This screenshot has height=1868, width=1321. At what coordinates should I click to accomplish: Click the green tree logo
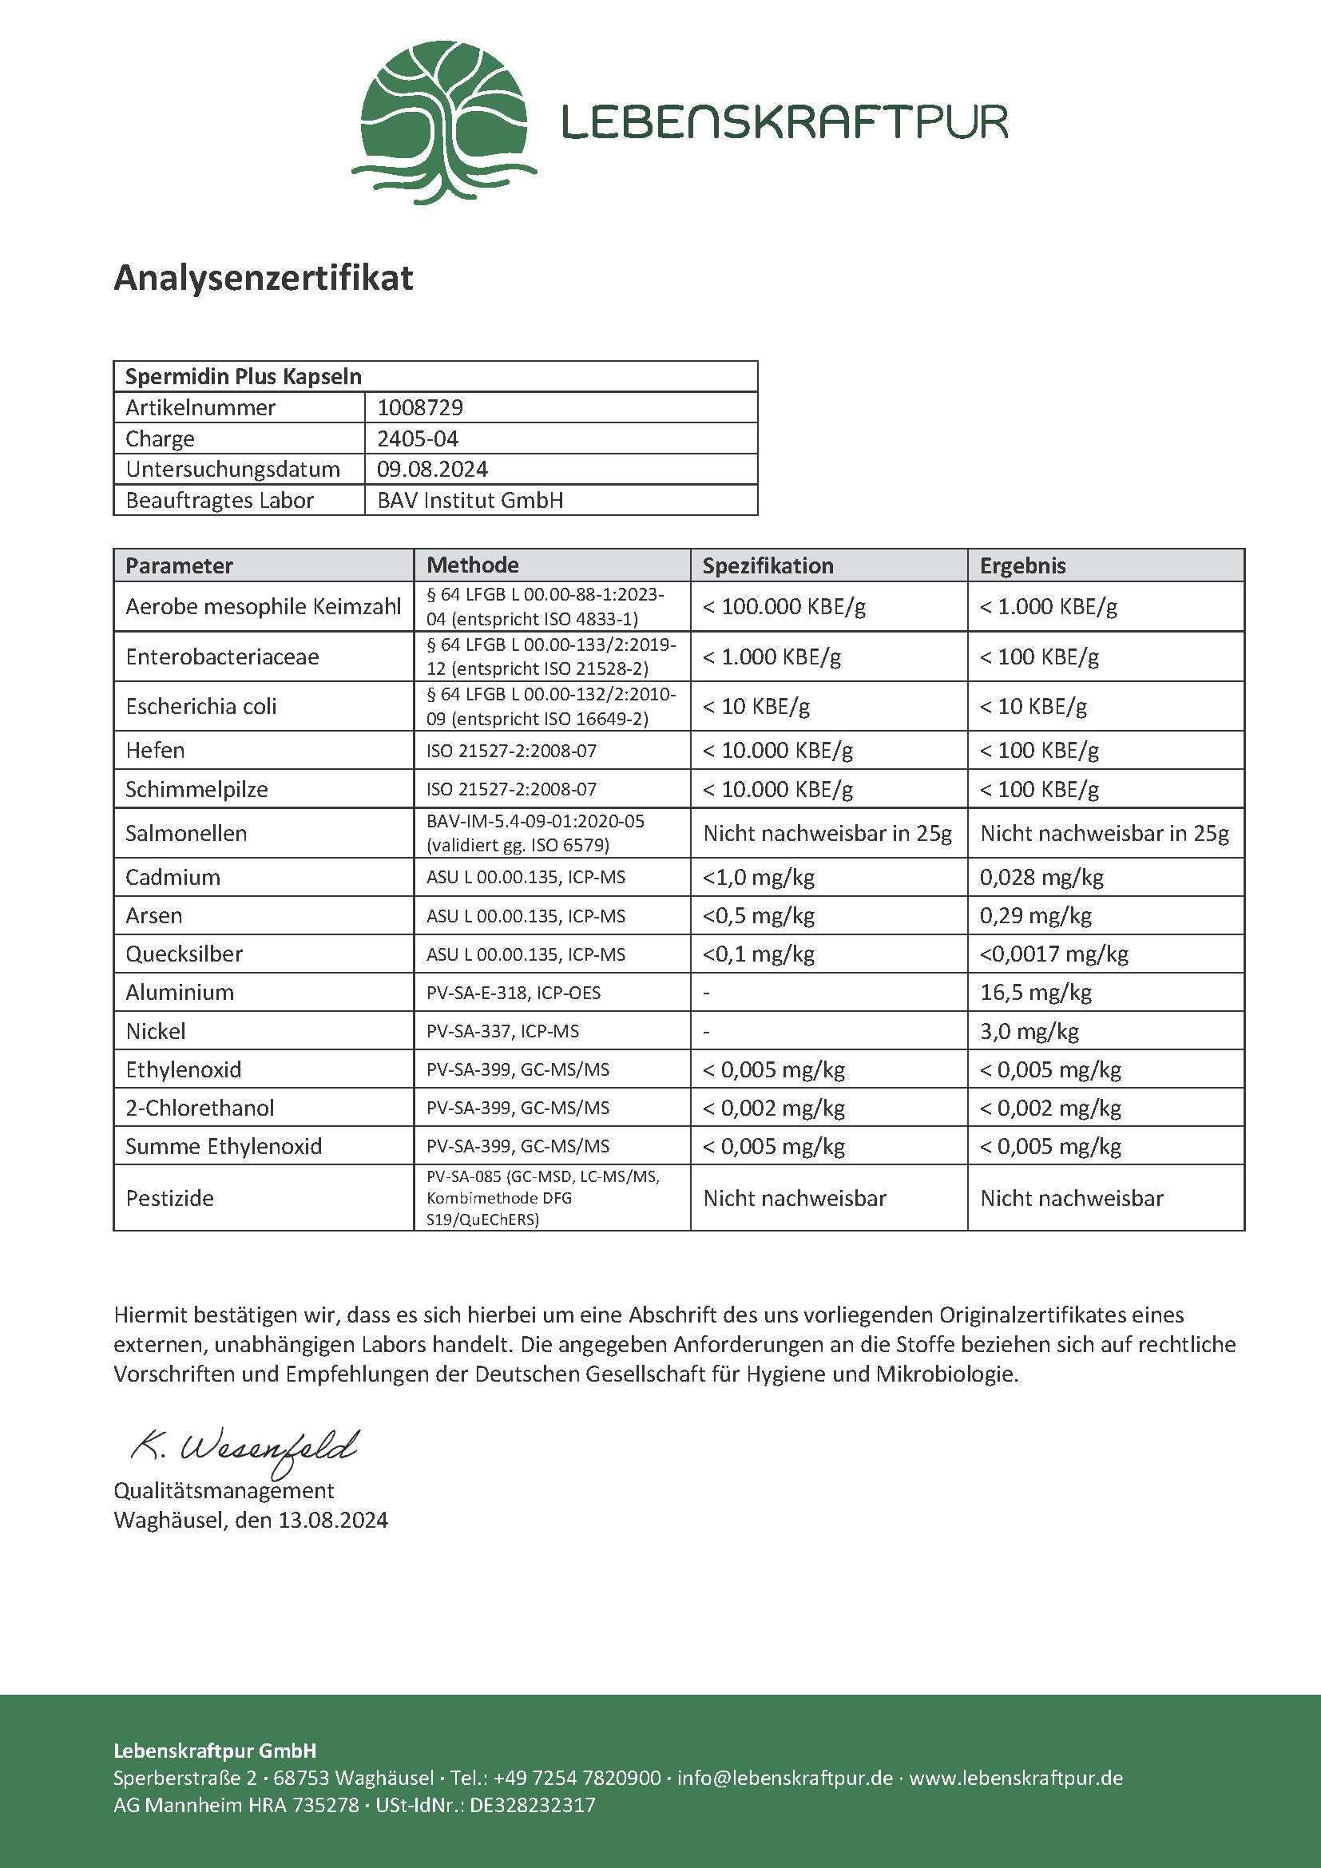point(443,122)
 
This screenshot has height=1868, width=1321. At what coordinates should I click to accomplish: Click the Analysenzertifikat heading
point(263,277)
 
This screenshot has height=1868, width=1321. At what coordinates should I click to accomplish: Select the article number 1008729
point(420,407)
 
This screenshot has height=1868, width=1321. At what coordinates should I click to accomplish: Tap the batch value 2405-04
point(417,438)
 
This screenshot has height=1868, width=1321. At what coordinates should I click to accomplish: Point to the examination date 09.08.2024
point(432,470)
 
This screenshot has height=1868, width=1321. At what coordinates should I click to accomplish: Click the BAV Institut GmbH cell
point(470,501)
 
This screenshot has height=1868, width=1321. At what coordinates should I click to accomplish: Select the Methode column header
point(473,565)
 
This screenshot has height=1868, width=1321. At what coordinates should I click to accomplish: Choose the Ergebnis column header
point(1022,565)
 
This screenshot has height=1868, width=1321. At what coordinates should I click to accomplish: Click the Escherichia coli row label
point(201,706)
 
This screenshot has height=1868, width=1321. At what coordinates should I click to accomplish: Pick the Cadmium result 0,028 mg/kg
point(1041,877)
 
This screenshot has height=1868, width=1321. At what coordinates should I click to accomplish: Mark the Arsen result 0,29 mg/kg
point(1034,915)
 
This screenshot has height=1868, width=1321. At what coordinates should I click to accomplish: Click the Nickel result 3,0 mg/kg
point(1029,1031)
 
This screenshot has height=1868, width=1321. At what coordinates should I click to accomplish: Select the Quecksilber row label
point(184,954)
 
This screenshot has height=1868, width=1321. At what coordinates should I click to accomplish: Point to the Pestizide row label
point(169,1198)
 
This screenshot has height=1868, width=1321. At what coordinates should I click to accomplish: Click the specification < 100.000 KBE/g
point(784,606)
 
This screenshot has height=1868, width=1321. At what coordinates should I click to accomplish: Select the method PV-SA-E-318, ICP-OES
point(514,993)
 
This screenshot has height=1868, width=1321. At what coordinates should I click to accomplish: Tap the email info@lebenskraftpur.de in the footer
point(785,1778)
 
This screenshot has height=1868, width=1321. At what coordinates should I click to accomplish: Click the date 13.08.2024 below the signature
point(333,1520)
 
